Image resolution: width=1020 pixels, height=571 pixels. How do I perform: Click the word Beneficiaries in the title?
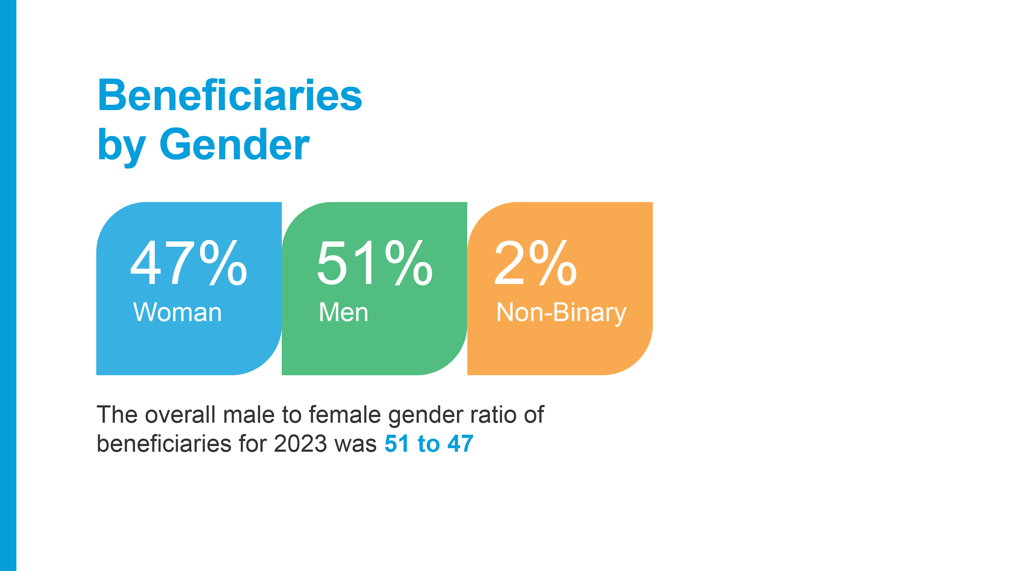point(229,95)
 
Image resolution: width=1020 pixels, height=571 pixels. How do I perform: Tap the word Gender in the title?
point(234,144)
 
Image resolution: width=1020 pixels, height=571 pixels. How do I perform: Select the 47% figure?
point(189,263)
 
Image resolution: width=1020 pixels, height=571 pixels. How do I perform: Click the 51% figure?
point(375,263)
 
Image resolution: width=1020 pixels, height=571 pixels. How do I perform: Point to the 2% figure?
point(536,263)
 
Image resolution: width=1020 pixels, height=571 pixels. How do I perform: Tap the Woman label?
point(177,312)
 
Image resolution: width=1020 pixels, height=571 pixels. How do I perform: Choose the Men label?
point(344,312)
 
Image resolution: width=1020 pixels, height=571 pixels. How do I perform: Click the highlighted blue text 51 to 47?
point(429,443)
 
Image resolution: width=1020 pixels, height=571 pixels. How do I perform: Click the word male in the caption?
point(249,414)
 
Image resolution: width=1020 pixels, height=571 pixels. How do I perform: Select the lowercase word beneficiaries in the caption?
point(164,443)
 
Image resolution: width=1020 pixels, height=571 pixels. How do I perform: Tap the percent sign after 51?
point(409,263)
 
